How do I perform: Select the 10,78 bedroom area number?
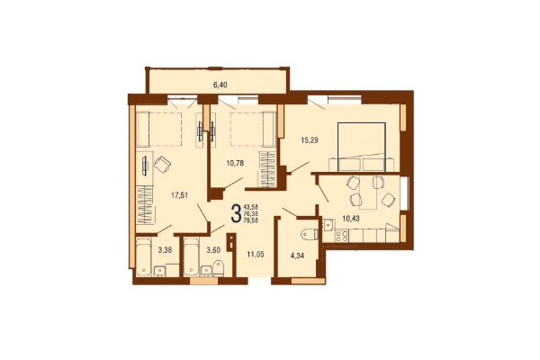click(234, 163)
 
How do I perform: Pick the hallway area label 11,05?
click(256, 255)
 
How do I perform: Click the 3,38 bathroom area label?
click(166, 251)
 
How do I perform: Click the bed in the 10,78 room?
click(252, 130)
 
